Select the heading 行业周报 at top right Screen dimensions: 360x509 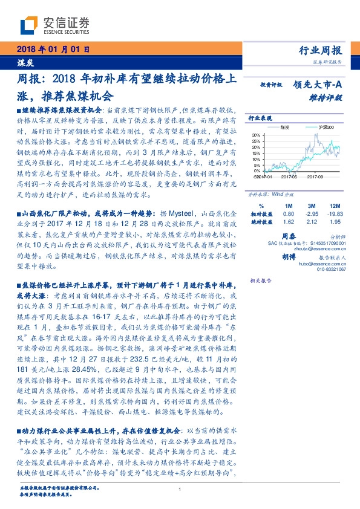pyautogui.click(x=321, y=51)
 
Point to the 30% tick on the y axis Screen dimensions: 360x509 pyautogui.click(x=257, y=135)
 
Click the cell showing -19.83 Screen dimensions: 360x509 pyautogui.click(x=334, y=213)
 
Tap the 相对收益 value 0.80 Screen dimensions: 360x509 pyautogui.click(x=289, y=213)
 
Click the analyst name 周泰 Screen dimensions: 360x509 pyautogui.click(x=289, y=237)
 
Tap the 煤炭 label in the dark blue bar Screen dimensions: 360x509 pyautogui.click(x=24, y=62)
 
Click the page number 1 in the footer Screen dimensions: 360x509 pyautogui.click(x=180, y=490)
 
